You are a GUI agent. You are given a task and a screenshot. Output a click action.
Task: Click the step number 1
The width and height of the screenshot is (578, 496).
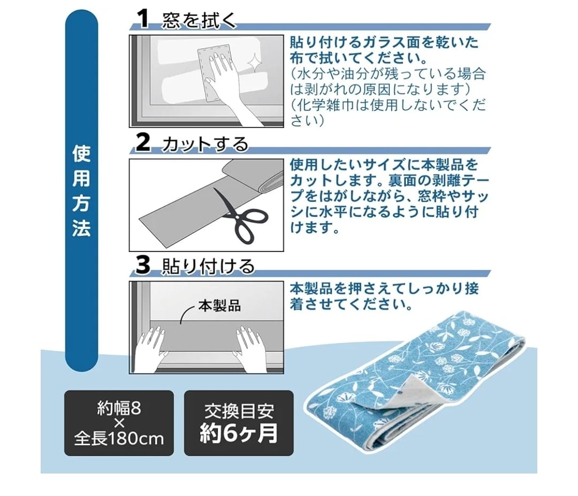[143, 18]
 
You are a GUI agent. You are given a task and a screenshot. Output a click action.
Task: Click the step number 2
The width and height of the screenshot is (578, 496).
[143, 142]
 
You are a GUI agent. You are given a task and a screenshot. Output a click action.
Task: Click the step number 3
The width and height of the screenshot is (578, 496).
[143, 265]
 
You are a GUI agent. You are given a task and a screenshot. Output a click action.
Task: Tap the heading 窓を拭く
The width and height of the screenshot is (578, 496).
[199, 20]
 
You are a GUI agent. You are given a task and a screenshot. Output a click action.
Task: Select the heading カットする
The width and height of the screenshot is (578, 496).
[205, 144]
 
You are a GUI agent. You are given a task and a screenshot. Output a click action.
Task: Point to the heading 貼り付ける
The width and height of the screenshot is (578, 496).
[208, 266]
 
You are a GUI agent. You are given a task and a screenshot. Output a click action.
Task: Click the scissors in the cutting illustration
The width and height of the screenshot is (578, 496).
[240, 216]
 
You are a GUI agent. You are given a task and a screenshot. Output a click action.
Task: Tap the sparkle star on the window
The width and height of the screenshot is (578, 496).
[254, 62]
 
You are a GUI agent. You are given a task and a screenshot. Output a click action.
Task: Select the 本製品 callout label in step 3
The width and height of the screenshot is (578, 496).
[219, 306]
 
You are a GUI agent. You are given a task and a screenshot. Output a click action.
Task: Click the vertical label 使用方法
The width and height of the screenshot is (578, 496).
[81, 191]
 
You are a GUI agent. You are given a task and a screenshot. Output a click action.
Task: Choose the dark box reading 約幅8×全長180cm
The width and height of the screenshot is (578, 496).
[119, 423]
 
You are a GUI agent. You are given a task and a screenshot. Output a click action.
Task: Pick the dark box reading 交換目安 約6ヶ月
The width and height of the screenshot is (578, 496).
[239, 423]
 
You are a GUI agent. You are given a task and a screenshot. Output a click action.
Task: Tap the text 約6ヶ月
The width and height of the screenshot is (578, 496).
[239, 433]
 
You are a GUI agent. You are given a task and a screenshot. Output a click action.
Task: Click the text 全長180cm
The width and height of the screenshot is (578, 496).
[119, 439]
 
